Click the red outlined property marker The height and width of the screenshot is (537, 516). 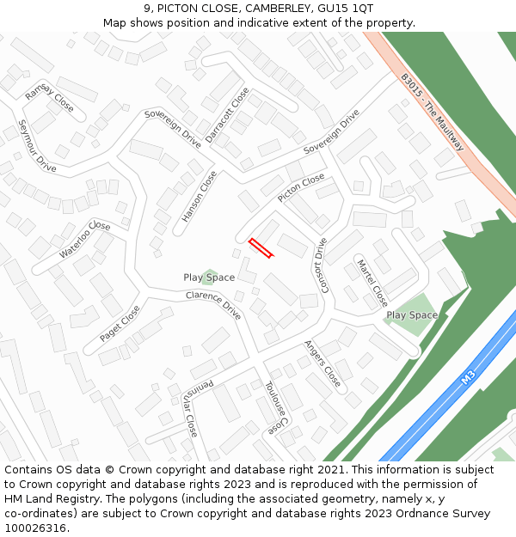pyautogui.click(x=261, y=247)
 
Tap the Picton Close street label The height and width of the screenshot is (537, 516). pyautogui.click(x=301, y=188)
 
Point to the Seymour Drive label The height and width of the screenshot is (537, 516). pyautogui.click(x=37, y=145)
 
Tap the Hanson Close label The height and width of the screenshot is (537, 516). pyautogui.click(x=200, y=197)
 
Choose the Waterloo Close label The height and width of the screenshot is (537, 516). pyautogui.click(x=85, y=240)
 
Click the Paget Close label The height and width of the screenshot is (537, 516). pyautogui.click(x=120, y=324)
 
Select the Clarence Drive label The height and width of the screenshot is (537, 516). pyautogui.click(x=213, y=305)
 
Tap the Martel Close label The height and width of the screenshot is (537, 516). pyautogui.click(x=372, y=283)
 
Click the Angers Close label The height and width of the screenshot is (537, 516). pyautogui.click(x=322, y=363)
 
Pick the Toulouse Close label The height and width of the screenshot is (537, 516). pyautogui.click(x=275, y=406)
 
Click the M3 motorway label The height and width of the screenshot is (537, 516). pyautogui.click(x=468, y=377)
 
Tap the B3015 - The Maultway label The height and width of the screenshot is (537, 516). pyautogui.click(x=433, y=112)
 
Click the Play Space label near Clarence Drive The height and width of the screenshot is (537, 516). pyautogui.click(x=209, y=278)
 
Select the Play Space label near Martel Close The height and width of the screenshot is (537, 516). pyautogui.click(x=412, y=315)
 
